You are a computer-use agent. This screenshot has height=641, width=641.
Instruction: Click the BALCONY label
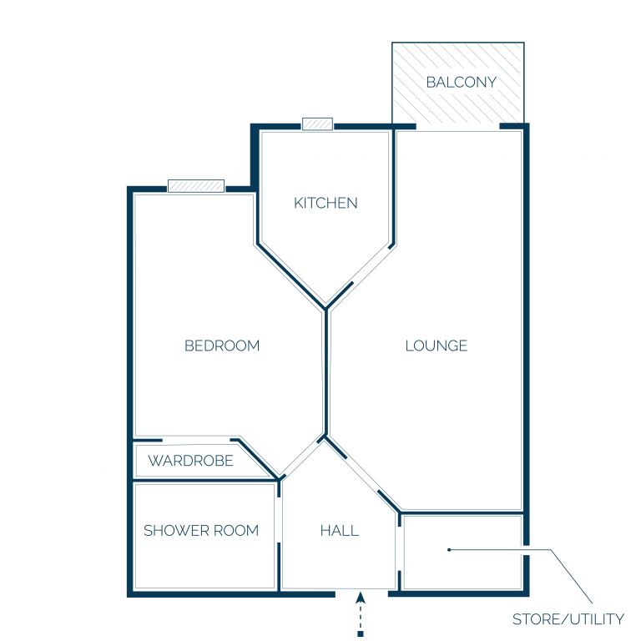coord(461,82)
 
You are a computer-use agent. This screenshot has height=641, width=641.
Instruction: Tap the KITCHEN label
coord(326,203)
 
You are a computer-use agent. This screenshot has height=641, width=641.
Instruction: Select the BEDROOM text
coord(222,346)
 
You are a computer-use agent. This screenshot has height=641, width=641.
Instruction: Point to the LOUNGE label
coord(437,346)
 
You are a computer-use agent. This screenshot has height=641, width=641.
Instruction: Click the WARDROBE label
coord(190,461)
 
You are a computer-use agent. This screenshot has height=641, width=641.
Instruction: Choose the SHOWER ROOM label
coord(201,531)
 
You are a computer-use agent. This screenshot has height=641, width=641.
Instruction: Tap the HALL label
coord(340,531)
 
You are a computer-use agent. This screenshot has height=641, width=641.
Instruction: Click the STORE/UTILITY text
coord(568,619)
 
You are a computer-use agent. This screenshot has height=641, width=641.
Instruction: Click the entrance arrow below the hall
coord(361,612)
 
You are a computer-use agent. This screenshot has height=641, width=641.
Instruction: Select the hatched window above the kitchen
coord(317,124)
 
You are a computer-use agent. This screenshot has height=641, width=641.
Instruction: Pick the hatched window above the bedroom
coord(196,186)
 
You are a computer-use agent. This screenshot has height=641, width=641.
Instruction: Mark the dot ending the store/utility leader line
coord(449,550)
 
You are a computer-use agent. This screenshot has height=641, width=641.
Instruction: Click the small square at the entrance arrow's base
coord(361,634)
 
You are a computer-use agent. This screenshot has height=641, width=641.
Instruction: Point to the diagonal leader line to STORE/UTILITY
coord(571,577)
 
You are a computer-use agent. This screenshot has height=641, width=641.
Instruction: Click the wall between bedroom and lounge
coord(326,372)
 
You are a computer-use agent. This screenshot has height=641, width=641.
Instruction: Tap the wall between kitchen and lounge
coord(394,186)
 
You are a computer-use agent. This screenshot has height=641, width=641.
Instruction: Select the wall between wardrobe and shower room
coord(204,480)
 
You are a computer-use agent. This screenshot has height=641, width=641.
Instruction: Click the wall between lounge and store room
coord(462,512)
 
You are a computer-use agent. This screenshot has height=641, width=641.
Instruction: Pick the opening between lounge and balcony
coord(458,127)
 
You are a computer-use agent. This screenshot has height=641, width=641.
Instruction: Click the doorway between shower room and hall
coord(279,520)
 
